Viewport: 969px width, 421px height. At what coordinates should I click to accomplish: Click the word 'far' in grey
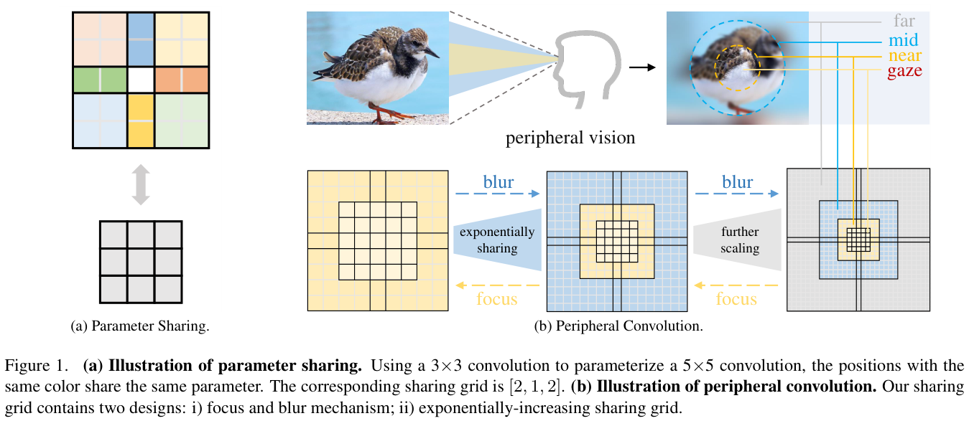[x=904, y=22]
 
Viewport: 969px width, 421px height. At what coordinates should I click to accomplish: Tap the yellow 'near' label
[x=904, y=55]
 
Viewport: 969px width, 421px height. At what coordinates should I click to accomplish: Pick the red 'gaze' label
[x=904, y=71]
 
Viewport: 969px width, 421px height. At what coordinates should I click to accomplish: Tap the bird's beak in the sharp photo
[x=432, y=52]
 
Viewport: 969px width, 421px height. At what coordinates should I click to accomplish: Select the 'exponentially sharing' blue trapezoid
[x=497, y=240]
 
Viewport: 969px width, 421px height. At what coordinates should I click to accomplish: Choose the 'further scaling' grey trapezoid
[x=739, y=240]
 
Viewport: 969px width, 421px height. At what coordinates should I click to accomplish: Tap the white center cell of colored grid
[x=142, y=80]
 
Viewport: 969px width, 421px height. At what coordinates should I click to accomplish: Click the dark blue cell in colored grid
[x=142, y=39]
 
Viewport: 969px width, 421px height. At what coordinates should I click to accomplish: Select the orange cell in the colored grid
[x=181, y=80]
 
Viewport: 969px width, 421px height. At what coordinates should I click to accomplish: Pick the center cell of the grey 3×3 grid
[x=141, y=261]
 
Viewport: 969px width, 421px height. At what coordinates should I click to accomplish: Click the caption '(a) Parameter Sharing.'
[x=140, y=326]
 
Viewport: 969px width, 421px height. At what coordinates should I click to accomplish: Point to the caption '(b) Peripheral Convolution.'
[x=618, y=326]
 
